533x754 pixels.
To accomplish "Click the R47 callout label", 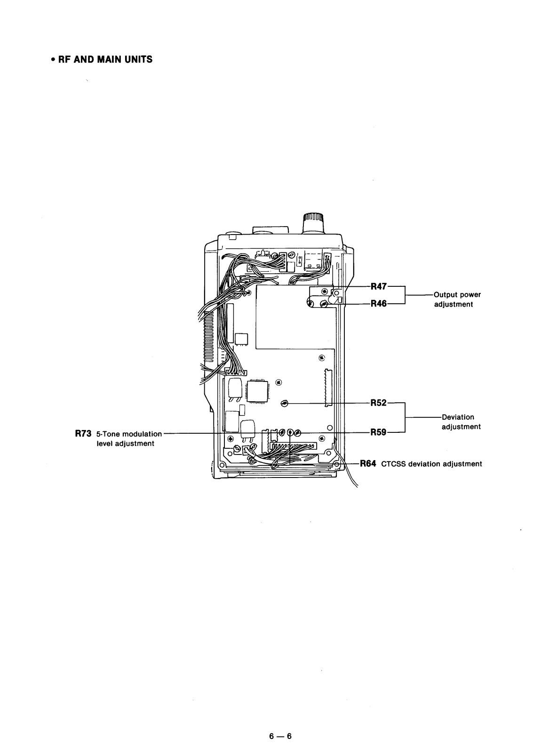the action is [379, 286].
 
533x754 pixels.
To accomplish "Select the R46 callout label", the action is [379, 304].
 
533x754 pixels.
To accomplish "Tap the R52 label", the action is [379, 403].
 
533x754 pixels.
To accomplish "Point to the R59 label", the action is [379, 432].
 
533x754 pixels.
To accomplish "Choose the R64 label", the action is [368, 463].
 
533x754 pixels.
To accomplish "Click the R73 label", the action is [83, 434].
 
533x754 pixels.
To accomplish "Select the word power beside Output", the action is [470, 295].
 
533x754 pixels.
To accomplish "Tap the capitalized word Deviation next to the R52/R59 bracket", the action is [458, 417].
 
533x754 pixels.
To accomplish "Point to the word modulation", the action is [142, 434].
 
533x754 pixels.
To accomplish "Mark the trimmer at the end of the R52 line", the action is [284, 403].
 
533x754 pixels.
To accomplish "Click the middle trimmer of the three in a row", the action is [290, 432].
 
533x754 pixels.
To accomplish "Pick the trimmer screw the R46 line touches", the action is [324, 304].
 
